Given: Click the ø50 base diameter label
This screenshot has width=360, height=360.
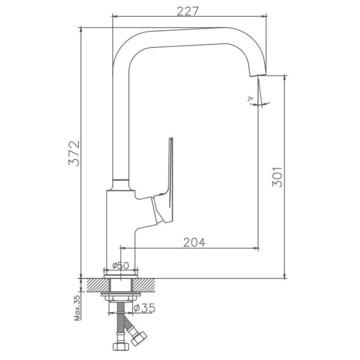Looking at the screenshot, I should tap(121, 265).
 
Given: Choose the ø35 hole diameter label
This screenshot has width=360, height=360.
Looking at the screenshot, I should tap(145, 308).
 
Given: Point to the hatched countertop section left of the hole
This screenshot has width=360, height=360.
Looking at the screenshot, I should tap(96, 283).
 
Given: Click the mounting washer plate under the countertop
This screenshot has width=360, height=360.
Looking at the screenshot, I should tap(122, 296).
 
